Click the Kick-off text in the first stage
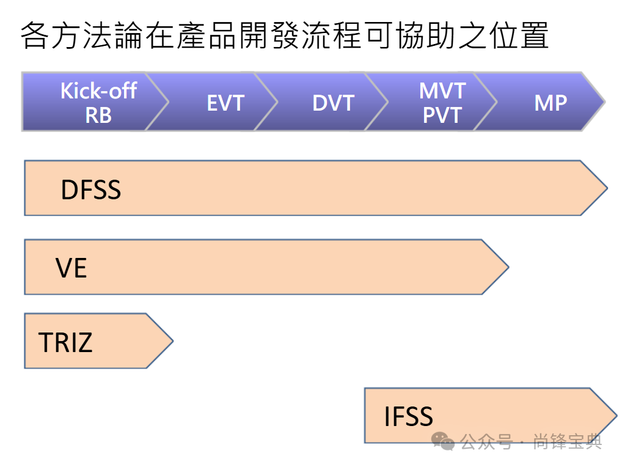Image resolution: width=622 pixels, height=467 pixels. [98, 90]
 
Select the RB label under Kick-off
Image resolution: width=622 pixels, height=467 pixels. [98, 114]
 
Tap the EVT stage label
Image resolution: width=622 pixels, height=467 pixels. [225, 103]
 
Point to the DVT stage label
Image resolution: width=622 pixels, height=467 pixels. [333, 103]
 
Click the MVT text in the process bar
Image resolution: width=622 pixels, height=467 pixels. [442, 90]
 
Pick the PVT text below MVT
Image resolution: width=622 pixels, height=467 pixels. [442, 114]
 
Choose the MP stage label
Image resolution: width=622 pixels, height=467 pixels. [551, 103]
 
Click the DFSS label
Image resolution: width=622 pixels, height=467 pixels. [91, 190]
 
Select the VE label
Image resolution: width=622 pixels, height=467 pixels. [71, 268]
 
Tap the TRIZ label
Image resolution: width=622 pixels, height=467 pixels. [65, 342]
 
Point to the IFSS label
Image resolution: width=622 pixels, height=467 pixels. [408, 417]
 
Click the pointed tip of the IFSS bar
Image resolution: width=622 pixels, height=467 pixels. [615, 416]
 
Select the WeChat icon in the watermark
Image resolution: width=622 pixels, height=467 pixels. [443, 441]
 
